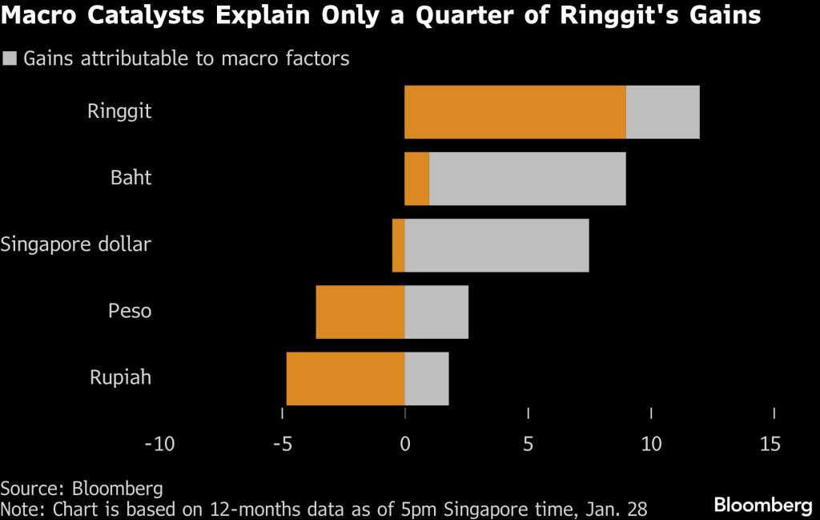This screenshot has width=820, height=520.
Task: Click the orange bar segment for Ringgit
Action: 515,111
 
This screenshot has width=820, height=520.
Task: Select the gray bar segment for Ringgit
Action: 662,111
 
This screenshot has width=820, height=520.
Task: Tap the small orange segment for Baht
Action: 416,178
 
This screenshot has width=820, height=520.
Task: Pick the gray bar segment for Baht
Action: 527,178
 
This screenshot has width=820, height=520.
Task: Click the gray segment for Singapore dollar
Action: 496,245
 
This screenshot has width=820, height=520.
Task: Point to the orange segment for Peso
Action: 360,312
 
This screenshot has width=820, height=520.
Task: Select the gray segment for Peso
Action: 436,312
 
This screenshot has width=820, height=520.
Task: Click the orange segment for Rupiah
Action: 345,378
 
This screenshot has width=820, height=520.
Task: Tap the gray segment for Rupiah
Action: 427,378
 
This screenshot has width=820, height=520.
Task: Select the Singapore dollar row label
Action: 76,244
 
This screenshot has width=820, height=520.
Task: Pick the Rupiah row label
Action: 119,377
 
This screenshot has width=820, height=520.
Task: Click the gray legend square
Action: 10,58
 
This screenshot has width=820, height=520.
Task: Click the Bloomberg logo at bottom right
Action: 763,506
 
